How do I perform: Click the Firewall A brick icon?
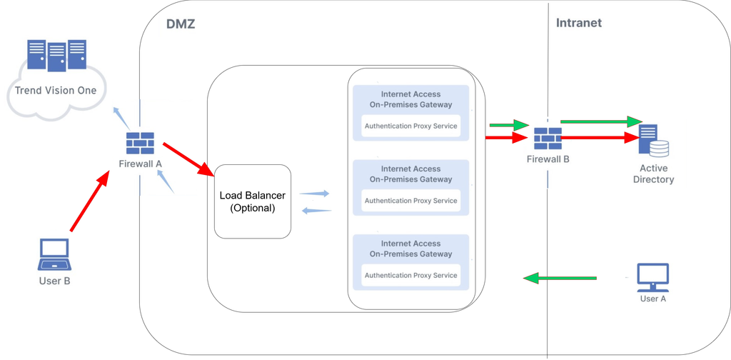click(140, 143)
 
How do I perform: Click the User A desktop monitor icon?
click(652, 277)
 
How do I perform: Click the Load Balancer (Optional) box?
click(253, 201)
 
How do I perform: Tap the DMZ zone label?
click(181, 24)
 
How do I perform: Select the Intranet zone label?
click(578, 23)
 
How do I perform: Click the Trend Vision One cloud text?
click(56, 91)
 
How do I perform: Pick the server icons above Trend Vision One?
click(56, 56)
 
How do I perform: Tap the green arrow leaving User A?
click(560, 278)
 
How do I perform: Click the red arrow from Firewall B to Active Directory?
click(600, 138)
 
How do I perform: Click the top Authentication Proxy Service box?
click(410, 126)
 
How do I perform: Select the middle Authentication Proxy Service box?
click(410, 201)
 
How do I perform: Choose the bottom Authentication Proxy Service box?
click(410, 276)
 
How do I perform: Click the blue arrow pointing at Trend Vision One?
click(121, 116)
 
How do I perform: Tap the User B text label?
click(54, 281)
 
